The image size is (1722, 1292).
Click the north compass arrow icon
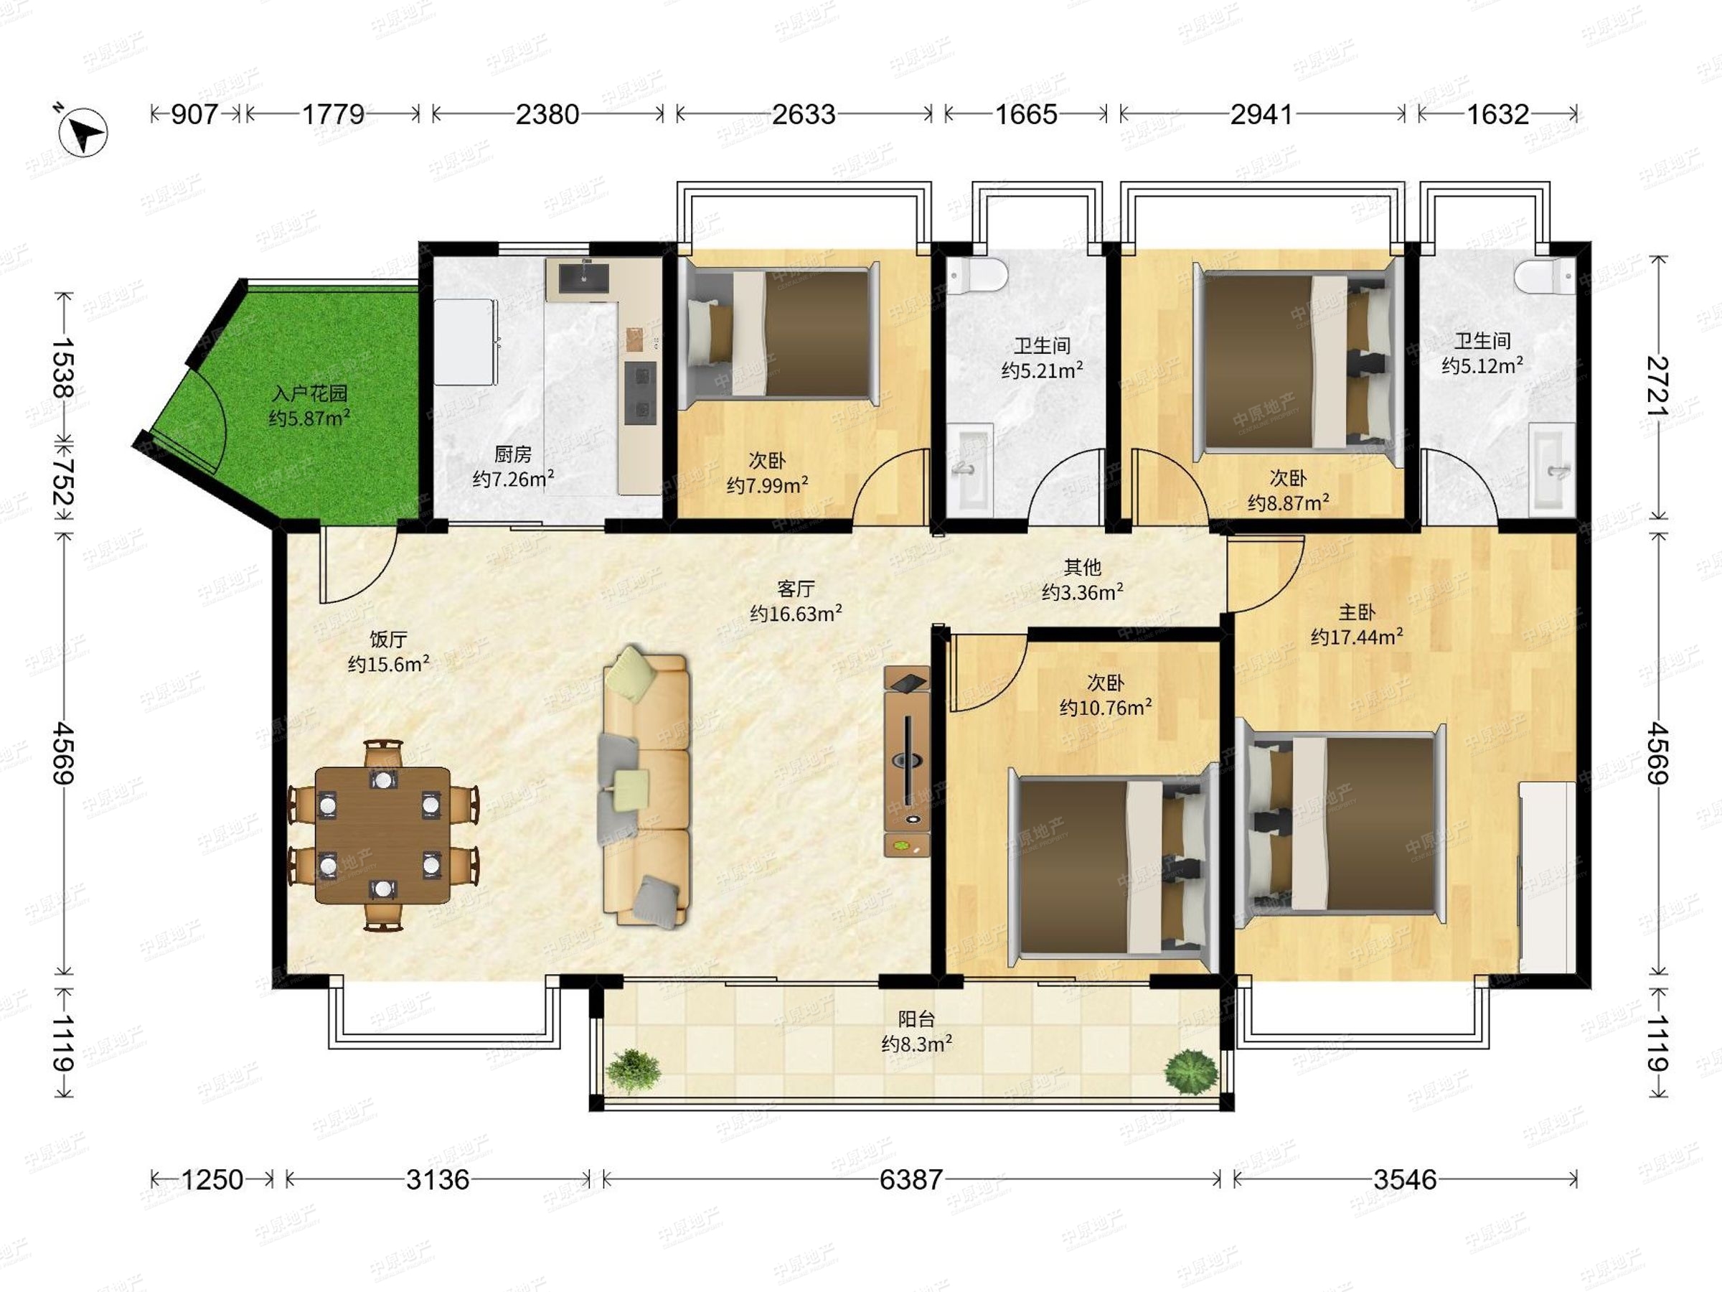click(83, 131)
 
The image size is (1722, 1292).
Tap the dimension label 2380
click(547, 114)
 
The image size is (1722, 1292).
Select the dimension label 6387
click(911, 1180)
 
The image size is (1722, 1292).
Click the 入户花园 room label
click(309, 393)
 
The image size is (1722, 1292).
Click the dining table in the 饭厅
click(382, 835)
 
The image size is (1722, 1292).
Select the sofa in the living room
click(647, 786)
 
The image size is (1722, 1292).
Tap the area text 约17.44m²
click(1356, 637)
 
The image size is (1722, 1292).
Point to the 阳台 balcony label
click(916, 1019)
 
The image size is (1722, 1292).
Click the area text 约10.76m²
click(1106, 707)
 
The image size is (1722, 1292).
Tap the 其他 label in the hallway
click(1082, 567)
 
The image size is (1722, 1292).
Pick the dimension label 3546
click(1404, 1180)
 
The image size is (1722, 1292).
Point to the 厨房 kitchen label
click(512, 453)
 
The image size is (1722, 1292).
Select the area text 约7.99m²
click(767, 485)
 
